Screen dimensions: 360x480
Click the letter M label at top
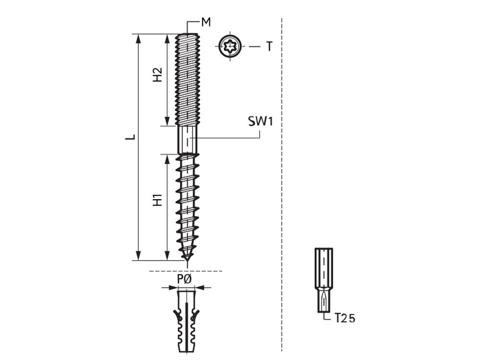tap(206, 22)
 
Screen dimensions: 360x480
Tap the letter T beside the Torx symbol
tap(269, 47)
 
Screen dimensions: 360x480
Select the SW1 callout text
tap(260, 121)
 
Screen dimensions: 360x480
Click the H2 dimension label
tap(157, 75)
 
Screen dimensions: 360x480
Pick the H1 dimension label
tap(157, 201)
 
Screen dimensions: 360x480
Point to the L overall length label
tap(130, 137)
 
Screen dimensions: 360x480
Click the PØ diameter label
tap(185, 279)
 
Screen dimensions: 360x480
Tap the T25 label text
tap(345, 318)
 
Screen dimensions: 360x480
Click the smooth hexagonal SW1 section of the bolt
tap(187, 140)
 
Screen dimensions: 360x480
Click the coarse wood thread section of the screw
tap(187, 202)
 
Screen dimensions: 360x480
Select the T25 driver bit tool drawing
tap(324, 281)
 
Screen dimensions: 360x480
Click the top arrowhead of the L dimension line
tap(139, 38)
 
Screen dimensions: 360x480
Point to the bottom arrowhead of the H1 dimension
tap(167, 256)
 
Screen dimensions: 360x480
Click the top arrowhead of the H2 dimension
tap(167, 38)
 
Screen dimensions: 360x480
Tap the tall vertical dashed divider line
tap(281, 192)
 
